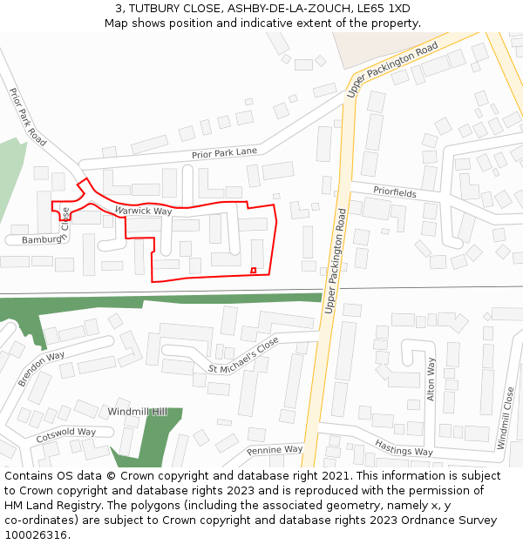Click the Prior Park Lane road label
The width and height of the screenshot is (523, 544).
(x=224, y=153)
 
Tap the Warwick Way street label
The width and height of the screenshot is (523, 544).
(x=143, y=211)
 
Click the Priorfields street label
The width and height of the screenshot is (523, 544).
(x=395, y=191)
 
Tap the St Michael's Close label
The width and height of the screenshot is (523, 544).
(x=243, y=356)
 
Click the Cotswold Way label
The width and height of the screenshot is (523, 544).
(x=65, y=432)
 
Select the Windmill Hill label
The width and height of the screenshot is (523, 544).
(x=136, y=411)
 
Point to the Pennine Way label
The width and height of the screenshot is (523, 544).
(x=274, y=450)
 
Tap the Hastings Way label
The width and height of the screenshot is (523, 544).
(x=404, y=447)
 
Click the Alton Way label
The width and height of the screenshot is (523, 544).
(x=431, y=378)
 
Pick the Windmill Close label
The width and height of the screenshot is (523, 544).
(x=505, y=419)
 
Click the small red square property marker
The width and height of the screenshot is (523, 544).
(x=253, y=270)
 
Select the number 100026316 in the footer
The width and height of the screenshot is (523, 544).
(x=36, y=534)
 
